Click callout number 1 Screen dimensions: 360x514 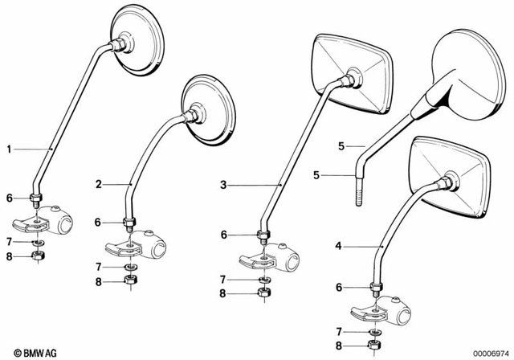[x=10, y=149]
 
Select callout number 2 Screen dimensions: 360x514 [x=98, y=184]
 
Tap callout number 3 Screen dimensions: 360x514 [x=224, y=185]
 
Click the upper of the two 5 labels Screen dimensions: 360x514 [x=341, y=146]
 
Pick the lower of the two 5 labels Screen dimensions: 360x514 [x=316, y=174]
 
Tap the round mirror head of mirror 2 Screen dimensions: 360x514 [x=210, y=112]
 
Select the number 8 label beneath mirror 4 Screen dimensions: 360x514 [x=339, y=346]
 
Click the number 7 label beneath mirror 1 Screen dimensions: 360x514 [x=10, y=241]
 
